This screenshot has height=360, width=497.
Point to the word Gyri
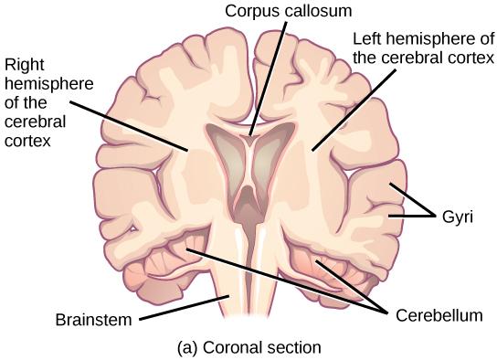[x=457, y=218]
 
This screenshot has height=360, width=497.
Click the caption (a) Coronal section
[x=250, y=346]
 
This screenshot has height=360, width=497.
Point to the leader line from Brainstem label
[x=178, y=309]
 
